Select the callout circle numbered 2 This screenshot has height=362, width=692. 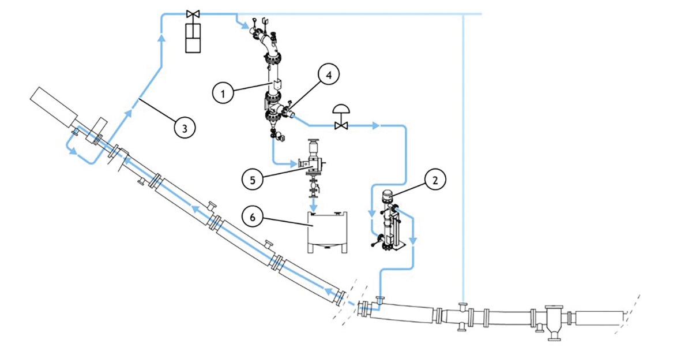coord(435,180)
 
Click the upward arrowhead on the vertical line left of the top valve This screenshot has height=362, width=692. coord(161,38)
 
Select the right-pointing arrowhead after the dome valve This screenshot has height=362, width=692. coord(376,125)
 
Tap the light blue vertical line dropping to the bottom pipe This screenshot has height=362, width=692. coord(463,156)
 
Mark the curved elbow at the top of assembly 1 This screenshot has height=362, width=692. coord(266,43)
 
